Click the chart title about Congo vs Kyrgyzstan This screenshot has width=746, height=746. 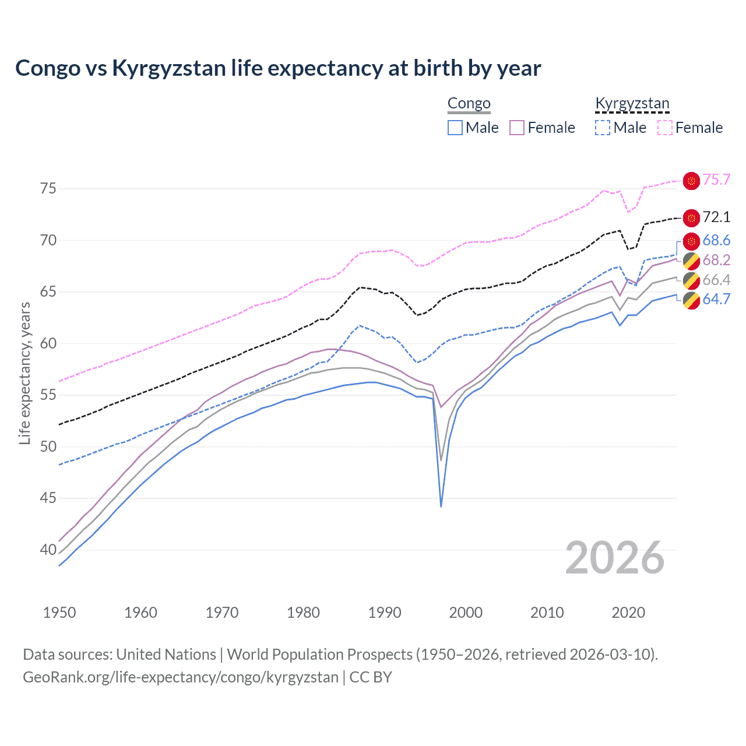(x=278, y=68)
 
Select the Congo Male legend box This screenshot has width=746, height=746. (x=455, y=128)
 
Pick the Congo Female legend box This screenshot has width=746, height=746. (x=517, y=128)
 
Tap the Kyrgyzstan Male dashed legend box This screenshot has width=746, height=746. (x=603, y=128)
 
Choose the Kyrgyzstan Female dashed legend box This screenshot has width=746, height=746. (x=665, y=128)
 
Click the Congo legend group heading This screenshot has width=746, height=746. (x=469, y=104)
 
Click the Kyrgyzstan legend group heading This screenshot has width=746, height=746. (x=632, y=104)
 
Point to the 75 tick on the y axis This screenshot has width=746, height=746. (x=48, y=188)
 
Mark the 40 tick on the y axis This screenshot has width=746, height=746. (x=48, y=550)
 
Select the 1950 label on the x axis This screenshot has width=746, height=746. (x=59, y=613)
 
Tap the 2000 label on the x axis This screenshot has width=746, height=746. (x=466, y=613)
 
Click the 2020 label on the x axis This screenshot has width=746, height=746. (x=628, y=613)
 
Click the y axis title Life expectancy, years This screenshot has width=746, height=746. (x=24, y=373)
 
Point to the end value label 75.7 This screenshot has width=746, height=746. (x=716, y=180)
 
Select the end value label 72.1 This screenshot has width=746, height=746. (x=716, y=217)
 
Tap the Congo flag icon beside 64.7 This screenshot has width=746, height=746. (x=691, y=300)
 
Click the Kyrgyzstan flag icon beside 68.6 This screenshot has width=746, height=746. (x=691, y=241)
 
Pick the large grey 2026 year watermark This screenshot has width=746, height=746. (x=615, y=558)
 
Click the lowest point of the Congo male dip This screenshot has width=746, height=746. (x=441, y=506)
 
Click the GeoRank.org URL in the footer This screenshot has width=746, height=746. (x=181, y=677)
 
